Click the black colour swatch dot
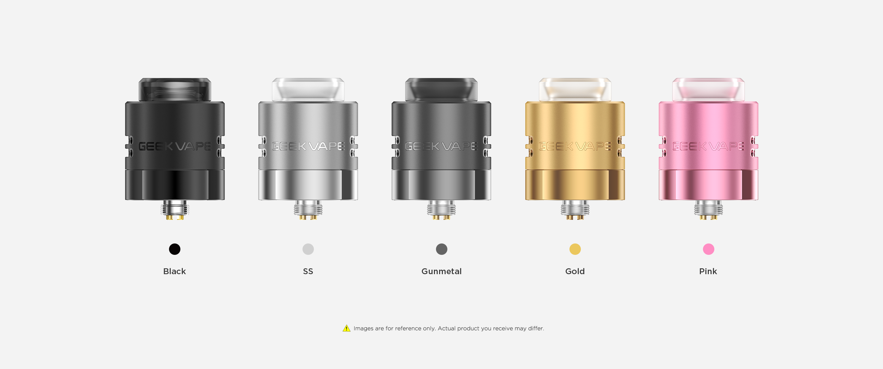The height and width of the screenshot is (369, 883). pyautogui.click(x=175, y=249)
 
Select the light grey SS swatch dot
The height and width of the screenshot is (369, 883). pyautogui.click(x=308, y=249)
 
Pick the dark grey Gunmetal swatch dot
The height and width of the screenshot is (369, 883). pyautogui.click(x=441, y=249)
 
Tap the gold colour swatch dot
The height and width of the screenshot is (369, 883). pyautogui.click(x=575, y=249)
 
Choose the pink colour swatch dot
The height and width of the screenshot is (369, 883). pyautogui.click(x=708, y=249)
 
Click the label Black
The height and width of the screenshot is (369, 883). pyautogui.click(x=175, y=271)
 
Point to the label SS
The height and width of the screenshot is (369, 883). pyautogui.click(x=308, y=271)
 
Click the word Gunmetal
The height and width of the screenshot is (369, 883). pyautogui.click(x=441, y=271)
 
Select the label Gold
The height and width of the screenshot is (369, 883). pyautogui.click(x=575, y=271)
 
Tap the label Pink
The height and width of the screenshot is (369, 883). pyautogui.click(x=708, y=271)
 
